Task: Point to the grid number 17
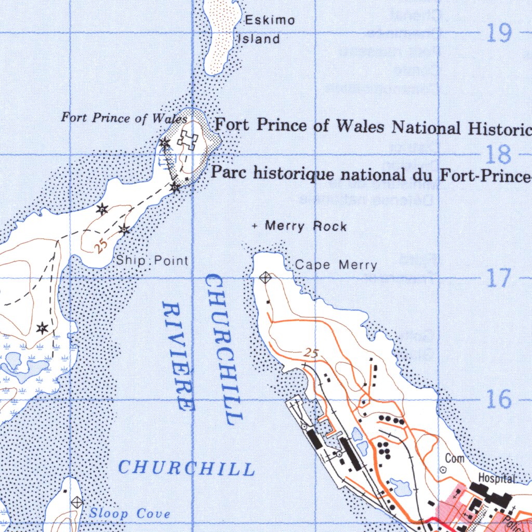point(499,279)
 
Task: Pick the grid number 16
point(499,400)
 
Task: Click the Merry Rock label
point(305,226)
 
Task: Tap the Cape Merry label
point(336,265)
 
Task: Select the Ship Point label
point(152,260)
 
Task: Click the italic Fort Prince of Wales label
point(124,118)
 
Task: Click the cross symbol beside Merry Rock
point(255,226)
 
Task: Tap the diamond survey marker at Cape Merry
point(265,278)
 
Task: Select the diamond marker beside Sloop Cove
point(77,502)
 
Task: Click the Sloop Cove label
point(129,514)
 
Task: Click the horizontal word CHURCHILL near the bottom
point(187,468)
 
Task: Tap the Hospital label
point(496,478)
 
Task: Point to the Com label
point(455,458)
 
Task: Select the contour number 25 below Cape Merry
point(310,353)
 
